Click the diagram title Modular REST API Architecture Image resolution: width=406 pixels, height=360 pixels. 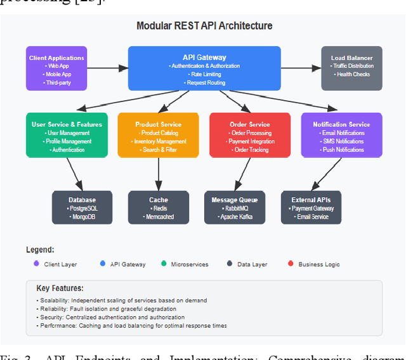pyautogui.click(x=204, y=26)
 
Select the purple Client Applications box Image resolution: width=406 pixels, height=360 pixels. pyautogui.click(x=56, y=68)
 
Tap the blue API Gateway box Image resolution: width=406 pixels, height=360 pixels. pyautogui.click(x=204, y=68)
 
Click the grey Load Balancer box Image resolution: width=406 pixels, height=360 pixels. pyautogui.click(x=352, y=68)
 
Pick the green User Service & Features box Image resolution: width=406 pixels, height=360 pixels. pyautogui.click(x=67, y=135)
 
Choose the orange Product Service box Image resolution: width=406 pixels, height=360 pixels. pyautogui.click(x=159, y=135)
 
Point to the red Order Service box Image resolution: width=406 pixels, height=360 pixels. pyautogui.click(x=250, y=135)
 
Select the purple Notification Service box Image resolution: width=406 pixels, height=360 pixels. pyautogui.click(x=341, y=135)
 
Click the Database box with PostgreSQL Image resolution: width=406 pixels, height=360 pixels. pyautogui.click(x=82, y=207)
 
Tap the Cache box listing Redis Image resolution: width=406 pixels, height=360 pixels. pyautogui.click(x=159, y=207)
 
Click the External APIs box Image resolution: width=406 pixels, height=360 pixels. pyautogui.click(x=310, y=207)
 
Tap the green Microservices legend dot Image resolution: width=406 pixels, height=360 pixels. pyautogui.click(x=164, y=264)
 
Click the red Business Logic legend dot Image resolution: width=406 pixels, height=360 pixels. pyautogui.click(x=291, y=264)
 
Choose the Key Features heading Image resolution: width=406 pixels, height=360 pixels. pyautogui.click(x=60, y=288)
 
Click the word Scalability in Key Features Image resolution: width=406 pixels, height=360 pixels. pyautogui.click(x=54, y=300)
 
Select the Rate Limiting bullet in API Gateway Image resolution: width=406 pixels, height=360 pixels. pyautogui.click(x=204, y=74)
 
